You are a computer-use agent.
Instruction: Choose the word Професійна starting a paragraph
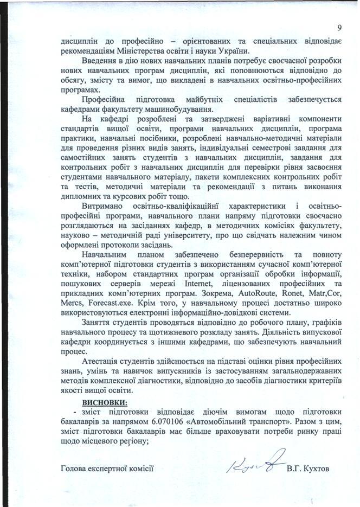click(x=106, y=99)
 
